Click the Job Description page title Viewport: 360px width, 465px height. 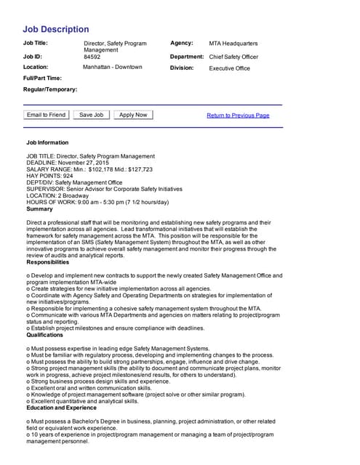tap(56, 30)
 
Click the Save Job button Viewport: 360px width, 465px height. tap(91, 115)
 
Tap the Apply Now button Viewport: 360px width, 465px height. tap(133, 115)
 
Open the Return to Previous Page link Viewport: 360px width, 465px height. tap(238, 116)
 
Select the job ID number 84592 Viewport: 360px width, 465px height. tap(92, 56)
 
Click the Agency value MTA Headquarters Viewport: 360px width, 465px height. tap(233, 44)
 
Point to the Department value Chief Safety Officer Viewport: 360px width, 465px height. tap(233, 57)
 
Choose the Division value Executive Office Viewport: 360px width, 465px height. tap(229, 68)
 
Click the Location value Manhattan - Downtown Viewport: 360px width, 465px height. tap(113, 67)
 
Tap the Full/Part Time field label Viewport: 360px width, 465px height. tap(42, 78)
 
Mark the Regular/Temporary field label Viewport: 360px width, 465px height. tap(50, 89)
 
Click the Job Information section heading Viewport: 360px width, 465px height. tap(47, 142)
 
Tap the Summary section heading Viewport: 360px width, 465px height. tap(39, 209)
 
